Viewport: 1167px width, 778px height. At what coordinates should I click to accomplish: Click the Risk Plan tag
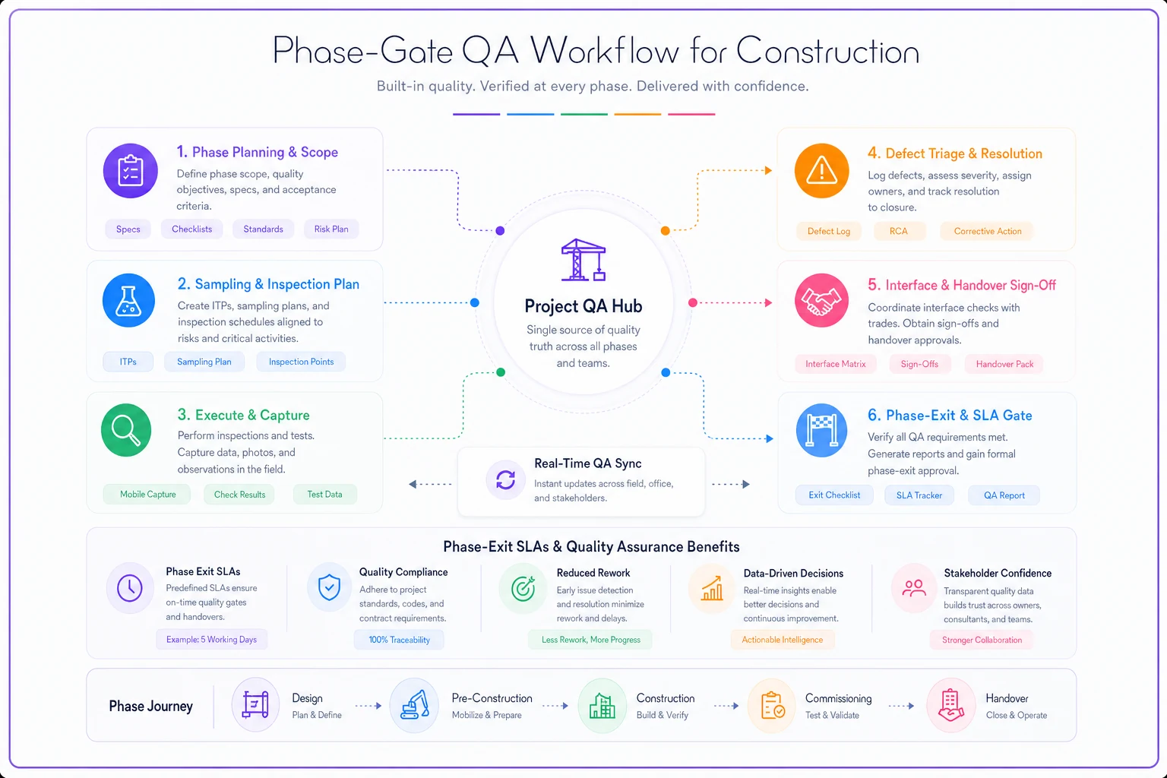[330, 229]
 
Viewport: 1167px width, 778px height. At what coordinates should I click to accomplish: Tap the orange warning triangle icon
[821, 171]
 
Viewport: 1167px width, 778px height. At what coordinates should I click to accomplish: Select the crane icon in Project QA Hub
[583, 260]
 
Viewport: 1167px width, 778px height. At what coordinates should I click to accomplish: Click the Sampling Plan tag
[204, 362]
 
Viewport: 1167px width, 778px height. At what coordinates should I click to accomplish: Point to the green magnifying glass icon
[126, 431]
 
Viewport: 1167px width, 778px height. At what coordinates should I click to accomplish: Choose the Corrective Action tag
[987, 232]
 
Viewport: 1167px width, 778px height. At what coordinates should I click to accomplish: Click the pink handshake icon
[821, 301]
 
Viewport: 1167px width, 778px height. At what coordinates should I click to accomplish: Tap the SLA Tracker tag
[919, 495]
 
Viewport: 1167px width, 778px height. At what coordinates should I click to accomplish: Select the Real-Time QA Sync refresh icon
[505, 479]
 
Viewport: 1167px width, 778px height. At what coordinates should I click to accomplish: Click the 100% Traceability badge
[399, 640]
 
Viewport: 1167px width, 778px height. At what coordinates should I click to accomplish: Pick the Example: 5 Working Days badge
[211, 640]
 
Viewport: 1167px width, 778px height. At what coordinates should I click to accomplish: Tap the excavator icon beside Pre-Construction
[415, 706]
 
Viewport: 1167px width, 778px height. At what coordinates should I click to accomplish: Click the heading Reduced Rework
[593, 573]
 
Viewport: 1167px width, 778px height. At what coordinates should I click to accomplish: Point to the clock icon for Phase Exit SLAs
[130, 588]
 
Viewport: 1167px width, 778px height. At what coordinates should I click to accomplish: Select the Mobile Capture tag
[148, 495]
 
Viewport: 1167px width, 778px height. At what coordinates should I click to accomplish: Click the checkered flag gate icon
[821, 431]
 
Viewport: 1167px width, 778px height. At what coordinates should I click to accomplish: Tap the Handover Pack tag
[1004, 364]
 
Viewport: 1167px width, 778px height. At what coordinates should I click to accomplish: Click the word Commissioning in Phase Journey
[838, 698]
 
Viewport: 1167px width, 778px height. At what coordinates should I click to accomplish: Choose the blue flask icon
[128, 301]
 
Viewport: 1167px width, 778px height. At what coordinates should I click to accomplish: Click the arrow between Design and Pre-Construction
[368, 706]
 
